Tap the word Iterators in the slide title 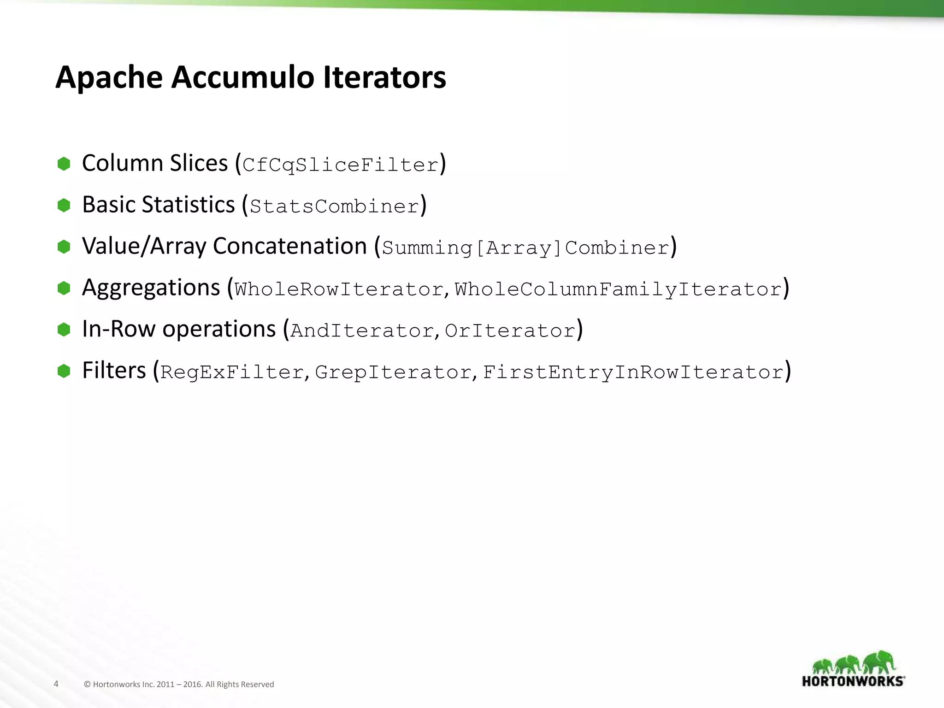[384, 77]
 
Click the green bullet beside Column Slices [64, 164]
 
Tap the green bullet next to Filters [64, 371]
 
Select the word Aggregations [151, 288]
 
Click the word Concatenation [289, 246]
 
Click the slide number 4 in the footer [56, 684]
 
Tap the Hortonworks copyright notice [179, 684]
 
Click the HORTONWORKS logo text [853, 681]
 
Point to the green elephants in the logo [853, 663]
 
